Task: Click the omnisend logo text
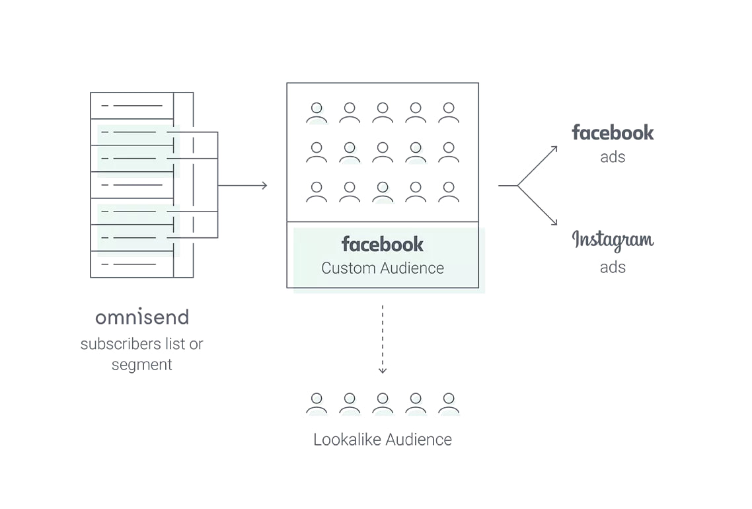pyautogui.click(x=142, y=317)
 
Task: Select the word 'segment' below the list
pyautogui.click(x=141, y=365)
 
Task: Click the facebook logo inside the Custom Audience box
pyautogui.click(x=382, y=245)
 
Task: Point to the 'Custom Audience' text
pyautogui.click(x=382, y=268)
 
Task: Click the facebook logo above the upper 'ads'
pyautogui.click(x=613, y=133)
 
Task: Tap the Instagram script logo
pyautogui.click(x=613, y=241)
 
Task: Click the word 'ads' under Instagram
pyautogui.click(x=613, y=268)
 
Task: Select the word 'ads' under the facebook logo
pyautogui.click(x=613, y=157)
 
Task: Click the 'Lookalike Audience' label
pyautogui.click(x=382, y=440)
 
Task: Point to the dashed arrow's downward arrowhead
pyautogui.click(x=382, y=370)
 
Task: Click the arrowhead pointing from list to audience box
pyautogui.click(x=264, y=186)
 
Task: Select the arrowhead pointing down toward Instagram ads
pyautogui.click(x=554, y=222)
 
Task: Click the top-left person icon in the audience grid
pyautogui.click(x=317, y=112)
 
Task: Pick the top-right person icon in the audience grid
pyautogui.click(x=449, y=112)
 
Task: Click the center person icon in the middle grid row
pyautogui.click(x=383, y=152)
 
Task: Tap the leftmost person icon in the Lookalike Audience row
pyautogui.click(x=317, y=403)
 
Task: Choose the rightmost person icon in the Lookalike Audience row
pyautogui.click(x=449, y=403)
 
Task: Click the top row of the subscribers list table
pyautogui.click(x=132, y=106)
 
